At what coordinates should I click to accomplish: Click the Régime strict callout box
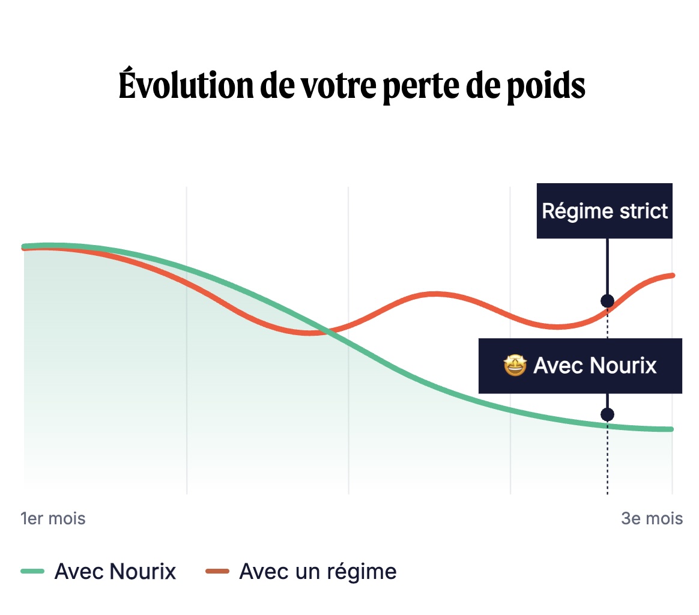click(x=604, y=211)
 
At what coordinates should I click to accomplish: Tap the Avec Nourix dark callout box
click(x=580, y=366)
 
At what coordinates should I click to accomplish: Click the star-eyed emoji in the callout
click(x=515, y=365)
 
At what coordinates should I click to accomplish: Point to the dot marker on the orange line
click(x=607, y=301)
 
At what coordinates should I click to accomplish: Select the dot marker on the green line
click(x=607, y=414)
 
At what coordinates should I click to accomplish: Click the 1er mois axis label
click(x=53, y=518)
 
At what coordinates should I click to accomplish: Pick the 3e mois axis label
click(x=652, y=518)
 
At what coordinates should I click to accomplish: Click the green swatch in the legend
click(x=33, y=571)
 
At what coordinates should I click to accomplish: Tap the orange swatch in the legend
click(x=217, y=571)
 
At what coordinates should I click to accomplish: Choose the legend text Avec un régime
click(x=318, y=571)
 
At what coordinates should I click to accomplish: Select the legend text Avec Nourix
click(x=115, y=571)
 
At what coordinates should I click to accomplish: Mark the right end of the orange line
click(x=672, y=275)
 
